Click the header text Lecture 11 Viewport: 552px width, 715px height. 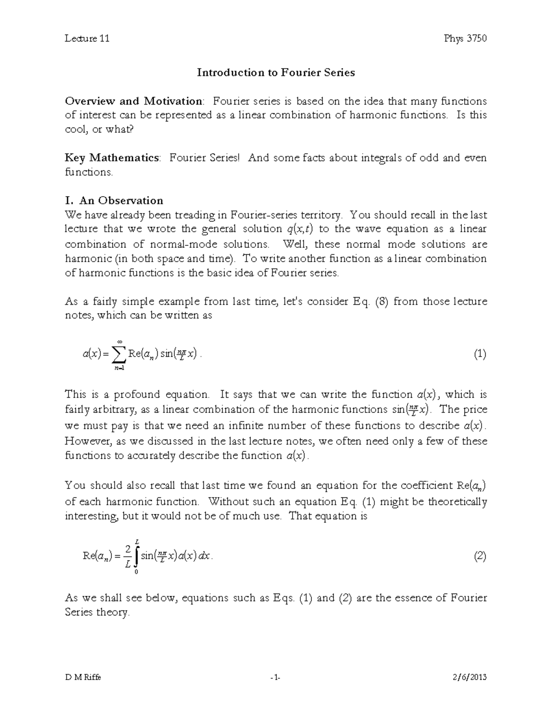(x=87, y=38)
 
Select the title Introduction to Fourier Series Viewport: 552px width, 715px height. (x=276, y=72)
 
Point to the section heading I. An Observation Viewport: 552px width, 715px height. (x=114, y=200)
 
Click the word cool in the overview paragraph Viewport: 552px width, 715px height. (x=76, y=129)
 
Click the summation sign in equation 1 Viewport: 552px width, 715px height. (x=119, y=355)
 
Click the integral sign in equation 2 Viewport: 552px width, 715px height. (x=136, y=556)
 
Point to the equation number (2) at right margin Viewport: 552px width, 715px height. (x=480, y=556)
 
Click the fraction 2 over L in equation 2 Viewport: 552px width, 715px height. (x=127, y=556)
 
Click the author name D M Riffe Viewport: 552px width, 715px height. (x=83, y=677)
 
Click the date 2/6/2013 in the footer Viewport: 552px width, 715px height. (x=470, y=677)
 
